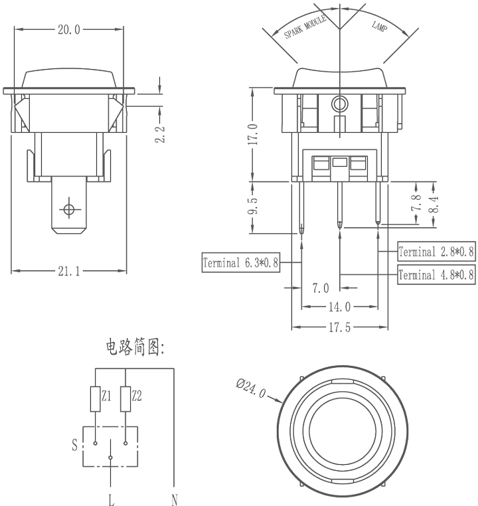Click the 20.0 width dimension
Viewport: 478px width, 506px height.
(x=68, y=30)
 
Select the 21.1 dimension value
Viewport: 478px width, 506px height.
(x=68, y=272)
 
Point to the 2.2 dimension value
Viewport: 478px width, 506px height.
(x=160, y=134)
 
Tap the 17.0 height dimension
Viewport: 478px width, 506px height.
(x=253, y=134)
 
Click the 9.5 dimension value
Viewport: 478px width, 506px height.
(x=253, y=206)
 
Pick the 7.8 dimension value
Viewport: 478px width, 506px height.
(x=416, y=203)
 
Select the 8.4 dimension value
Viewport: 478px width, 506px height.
(x=434, y=205)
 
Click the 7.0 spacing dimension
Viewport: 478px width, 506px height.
(x=321, y=288)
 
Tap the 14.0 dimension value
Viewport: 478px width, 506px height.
(x=339, y=307)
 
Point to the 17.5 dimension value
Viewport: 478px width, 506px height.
(x=339, y=327)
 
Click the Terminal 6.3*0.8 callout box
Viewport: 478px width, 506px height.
(x=240, y=263)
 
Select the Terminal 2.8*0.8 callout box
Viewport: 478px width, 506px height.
(x=436, y=252)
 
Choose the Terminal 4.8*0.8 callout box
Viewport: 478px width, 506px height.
(x=436, y=275)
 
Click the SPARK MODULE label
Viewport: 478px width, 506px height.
(x=305, y=27)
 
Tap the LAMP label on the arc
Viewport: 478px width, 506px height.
(x=379, y=27)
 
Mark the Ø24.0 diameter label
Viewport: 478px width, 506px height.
(x=250, y=388)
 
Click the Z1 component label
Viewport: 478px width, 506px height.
(x=106, y=396)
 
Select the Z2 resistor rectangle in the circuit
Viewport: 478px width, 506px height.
(x=125, y=399)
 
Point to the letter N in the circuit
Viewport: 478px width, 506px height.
(x=175, y=500)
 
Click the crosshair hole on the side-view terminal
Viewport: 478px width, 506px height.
(x=68, y=209)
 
